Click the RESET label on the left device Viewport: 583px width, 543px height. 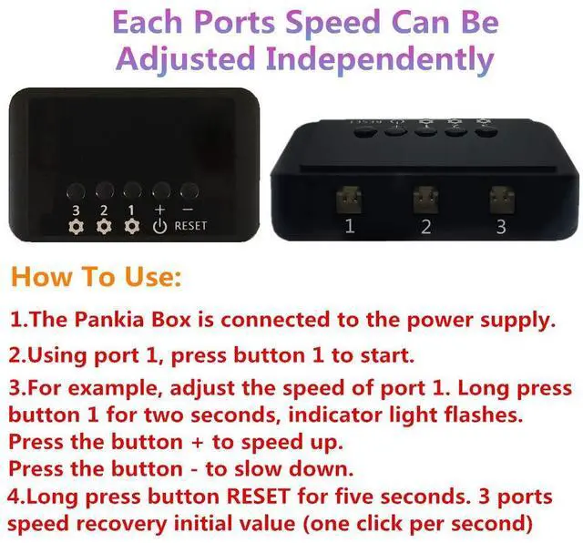tap(190, 226)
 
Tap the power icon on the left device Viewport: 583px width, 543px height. tap(160, 226)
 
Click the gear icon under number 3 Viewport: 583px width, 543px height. tap(76, 227)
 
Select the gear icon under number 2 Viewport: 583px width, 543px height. tap(104, 227)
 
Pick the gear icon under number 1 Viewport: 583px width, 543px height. tap(131, 227)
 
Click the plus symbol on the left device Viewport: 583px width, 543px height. tap(160, 210)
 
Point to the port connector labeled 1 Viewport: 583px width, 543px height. tap(348, 200)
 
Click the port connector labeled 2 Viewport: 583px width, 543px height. tap(425, 200)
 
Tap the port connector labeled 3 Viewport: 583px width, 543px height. tap(502, 200)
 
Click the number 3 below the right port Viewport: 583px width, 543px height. tap(501, 227)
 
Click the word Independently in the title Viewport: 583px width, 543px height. tap(380, 59)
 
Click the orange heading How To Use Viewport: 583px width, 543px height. tap(97, 277)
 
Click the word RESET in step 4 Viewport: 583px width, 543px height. tap(259, 497)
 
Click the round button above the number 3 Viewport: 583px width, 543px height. tap(76, 191)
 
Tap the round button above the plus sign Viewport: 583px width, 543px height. tap(161, 190)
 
